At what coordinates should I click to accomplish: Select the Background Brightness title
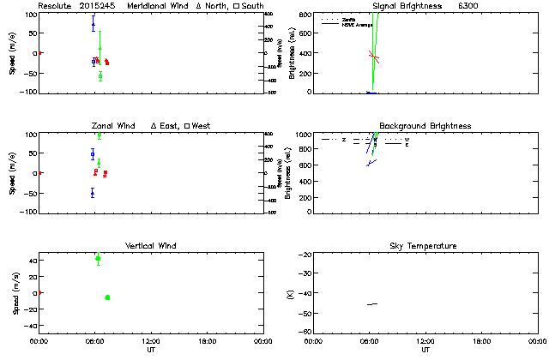coord(425,126)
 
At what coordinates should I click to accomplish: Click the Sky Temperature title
coord(425,246)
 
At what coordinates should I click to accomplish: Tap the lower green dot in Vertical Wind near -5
coord(107,297)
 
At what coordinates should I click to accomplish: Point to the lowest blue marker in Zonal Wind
coord(93,193)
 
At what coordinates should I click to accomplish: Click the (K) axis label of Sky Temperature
coord(288,293)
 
